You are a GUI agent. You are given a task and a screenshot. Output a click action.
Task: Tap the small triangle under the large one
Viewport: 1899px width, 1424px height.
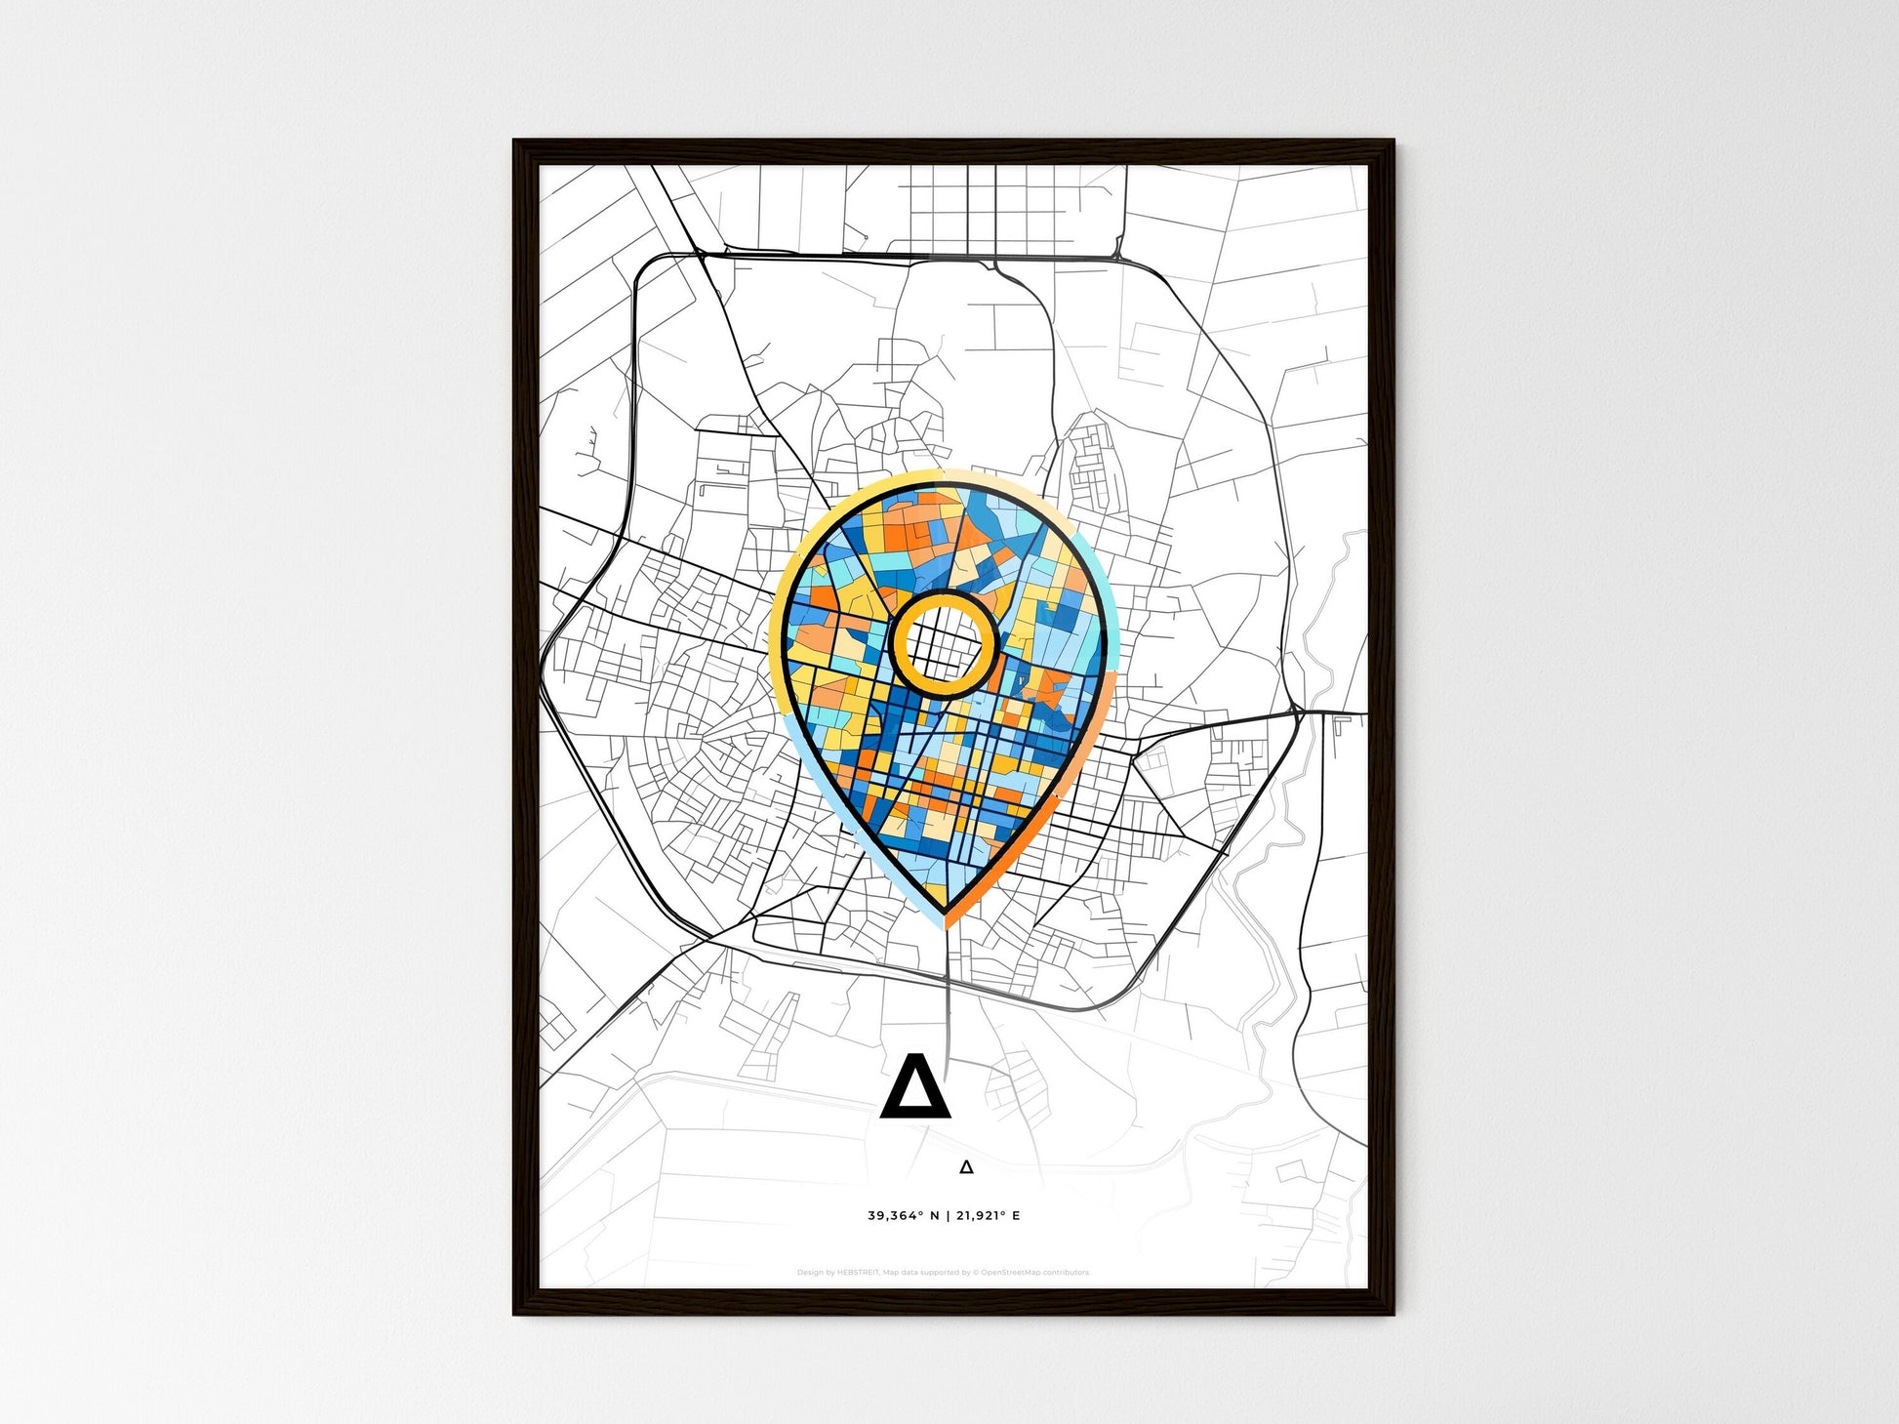click(966, 1166)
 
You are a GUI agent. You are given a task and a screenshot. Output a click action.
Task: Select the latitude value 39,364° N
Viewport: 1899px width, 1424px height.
click(903, 1216)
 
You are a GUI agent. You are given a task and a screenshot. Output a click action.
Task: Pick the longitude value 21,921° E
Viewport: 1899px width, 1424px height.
click(989, 1216)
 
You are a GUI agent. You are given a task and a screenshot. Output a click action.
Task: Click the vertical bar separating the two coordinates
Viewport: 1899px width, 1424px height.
click(948, 1216)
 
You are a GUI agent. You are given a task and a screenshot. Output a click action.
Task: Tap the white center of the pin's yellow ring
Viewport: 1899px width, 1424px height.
click(944, 642)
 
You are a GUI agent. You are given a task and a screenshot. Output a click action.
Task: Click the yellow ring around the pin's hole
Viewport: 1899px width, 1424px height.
click(944, 595)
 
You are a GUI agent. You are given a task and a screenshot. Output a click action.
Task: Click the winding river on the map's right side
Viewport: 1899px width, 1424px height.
click(1269, 937)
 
